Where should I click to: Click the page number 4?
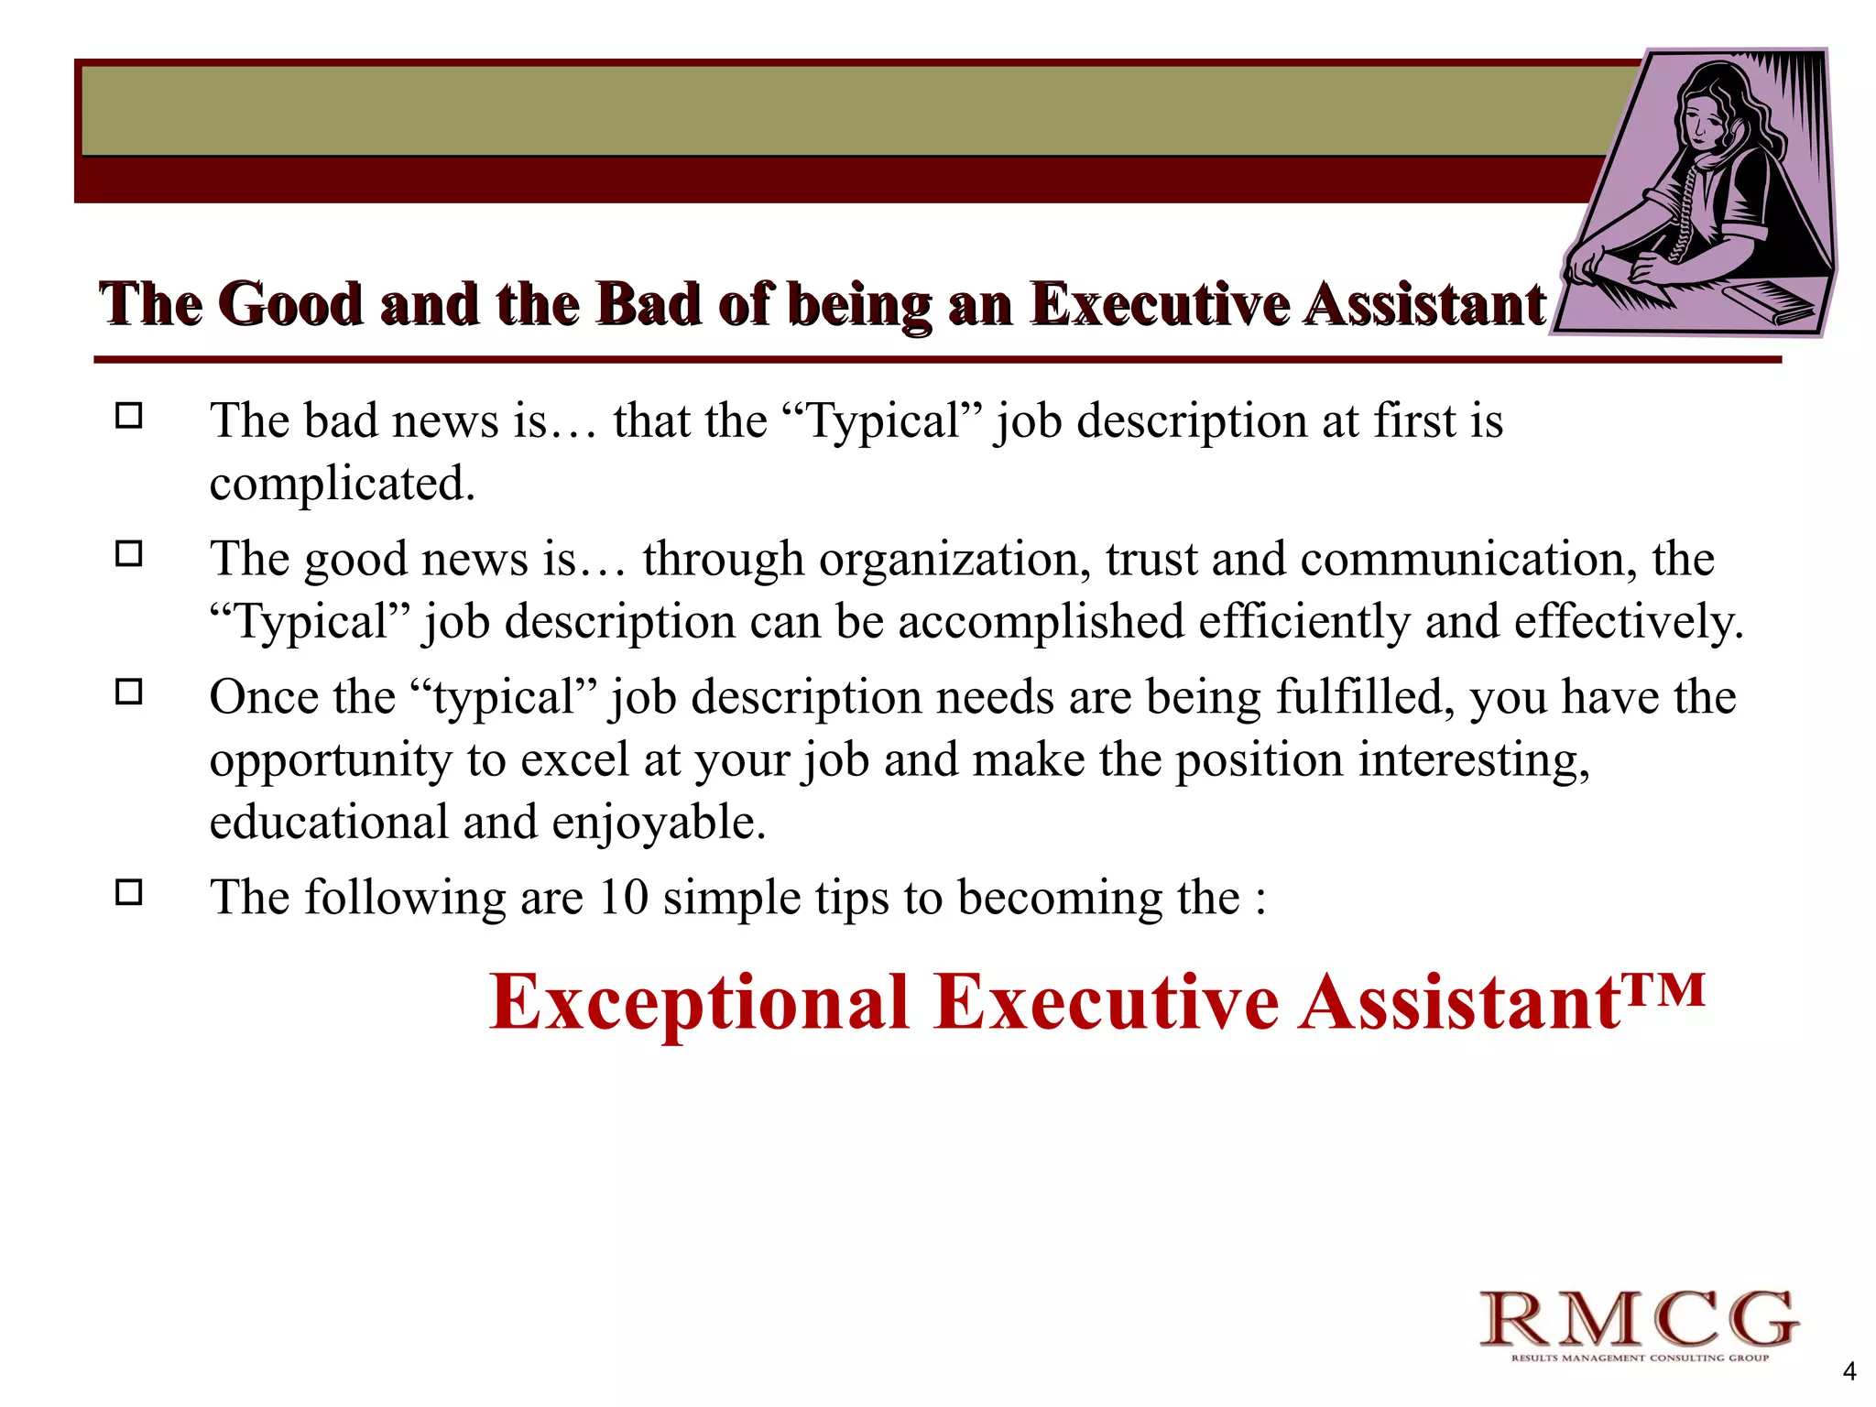tap(1849, 1371)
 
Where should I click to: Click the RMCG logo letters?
tap(1639, 1320)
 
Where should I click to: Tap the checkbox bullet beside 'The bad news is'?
tap(129, 417)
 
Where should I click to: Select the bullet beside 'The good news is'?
tap(129, 554)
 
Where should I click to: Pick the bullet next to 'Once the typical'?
tap(129, 693)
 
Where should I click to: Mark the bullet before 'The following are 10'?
tap(129, 892)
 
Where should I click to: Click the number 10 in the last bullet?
tap(623, 897)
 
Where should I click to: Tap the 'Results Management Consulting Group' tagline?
tap(1640, 1358)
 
